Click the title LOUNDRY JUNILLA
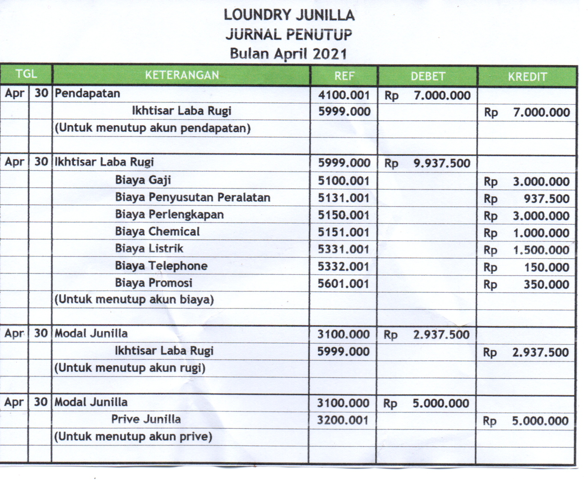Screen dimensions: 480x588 [x=289, y=15]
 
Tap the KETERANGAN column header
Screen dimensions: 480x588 [x=182, y=75]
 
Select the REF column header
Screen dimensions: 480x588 [x=344, y=76]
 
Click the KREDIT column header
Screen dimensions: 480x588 [x=527, y=77]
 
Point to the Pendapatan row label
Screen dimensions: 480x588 [x=87, y=94]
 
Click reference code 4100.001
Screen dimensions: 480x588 [x=343, y=95]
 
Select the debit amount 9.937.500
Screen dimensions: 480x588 [x=442, y=163]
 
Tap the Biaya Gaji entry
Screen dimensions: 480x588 [x=143, y=180]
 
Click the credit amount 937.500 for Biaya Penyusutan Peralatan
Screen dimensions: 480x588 [x=546, y=199]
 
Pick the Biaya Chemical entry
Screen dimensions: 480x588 [x=157, y=231]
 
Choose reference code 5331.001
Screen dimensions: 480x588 [x=343, y=249]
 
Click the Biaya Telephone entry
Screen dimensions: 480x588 [x=161, y=266]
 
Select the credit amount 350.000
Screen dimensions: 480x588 [x=546, y=284]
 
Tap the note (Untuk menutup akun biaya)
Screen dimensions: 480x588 [x=134, y=299]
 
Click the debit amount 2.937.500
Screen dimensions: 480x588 [x=441, y=335]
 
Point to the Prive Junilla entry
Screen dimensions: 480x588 [x=146, y=419]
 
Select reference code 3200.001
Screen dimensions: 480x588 [x=343, y=420]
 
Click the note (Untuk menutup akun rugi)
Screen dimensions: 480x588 [x=130, y=368]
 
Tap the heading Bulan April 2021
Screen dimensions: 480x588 [x=288, y=54]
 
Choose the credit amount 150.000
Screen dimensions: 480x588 [x=547, y=267]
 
